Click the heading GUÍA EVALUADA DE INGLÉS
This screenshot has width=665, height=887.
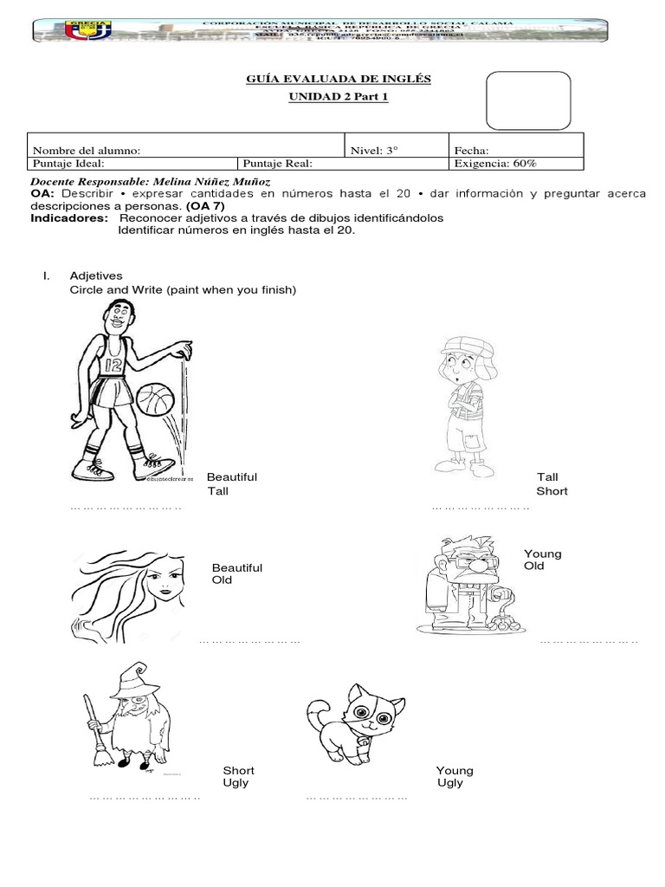339,80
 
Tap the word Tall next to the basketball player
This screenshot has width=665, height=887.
217,491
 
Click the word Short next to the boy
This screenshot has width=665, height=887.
552,491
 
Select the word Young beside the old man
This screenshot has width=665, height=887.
543,554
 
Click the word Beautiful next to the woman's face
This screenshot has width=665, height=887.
237,567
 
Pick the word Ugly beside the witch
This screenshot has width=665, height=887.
236,782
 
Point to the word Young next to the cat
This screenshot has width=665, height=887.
455,770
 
